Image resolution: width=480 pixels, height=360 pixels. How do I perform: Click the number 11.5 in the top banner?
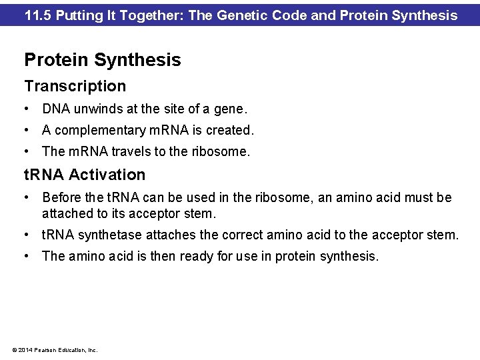(39, 15)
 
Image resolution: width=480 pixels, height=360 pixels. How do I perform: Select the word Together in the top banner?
(153, 15)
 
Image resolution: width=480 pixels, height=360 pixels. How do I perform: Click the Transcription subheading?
(75, 86)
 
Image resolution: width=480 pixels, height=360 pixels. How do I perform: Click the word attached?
(66, 214)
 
